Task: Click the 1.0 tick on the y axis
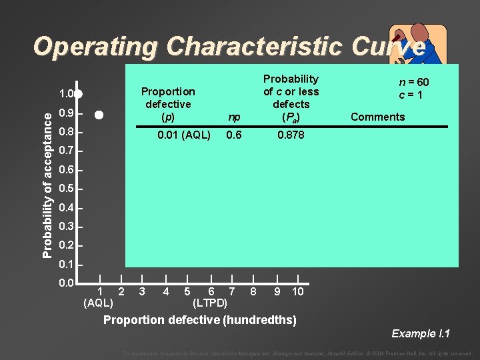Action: click(x=66, y=94)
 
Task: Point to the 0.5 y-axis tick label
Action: click(x=66, y=189)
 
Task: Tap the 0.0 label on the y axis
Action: click(x=66, y=284)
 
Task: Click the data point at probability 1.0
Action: click(x=79, y=94)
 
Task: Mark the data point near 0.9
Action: click(x=99, y=115)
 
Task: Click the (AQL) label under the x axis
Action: click(x=98, y=303)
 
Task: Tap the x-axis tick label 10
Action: click(x=298, y=291)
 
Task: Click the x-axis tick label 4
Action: click(x=165, y=291)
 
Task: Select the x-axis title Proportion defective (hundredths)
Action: click(x=200, y=320)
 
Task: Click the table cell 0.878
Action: click(x=291, y=136)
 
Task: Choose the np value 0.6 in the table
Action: click(x=234, y=136)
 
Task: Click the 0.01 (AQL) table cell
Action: click(x=183, y=136)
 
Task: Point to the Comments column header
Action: click(x=377, y=117)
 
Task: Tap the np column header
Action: click(x=234, y=117)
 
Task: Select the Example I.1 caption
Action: click(x=421, y=333)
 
